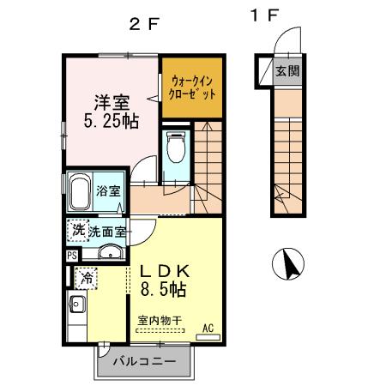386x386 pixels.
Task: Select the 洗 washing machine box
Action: (78, 230)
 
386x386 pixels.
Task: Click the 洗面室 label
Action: (108, 231)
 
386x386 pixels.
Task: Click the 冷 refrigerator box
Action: (85, 277)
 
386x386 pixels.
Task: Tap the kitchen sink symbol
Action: (75, 303)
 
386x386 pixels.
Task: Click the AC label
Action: (208, 327)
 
